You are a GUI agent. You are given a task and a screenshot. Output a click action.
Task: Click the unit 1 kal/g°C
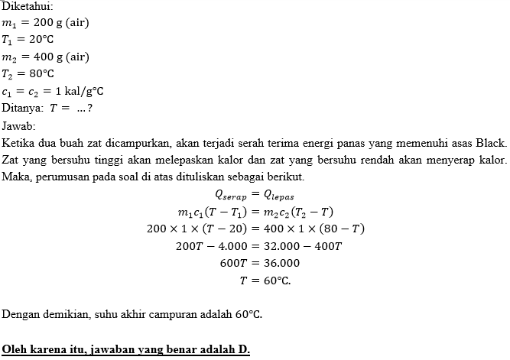pos(77,91)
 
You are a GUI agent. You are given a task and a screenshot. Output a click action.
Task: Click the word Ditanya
pos(21,108)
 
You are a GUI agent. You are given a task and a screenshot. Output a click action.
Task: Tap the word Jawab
pos(17,125)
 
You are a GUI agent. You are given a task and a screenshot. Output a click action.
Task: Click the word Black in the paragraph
pos(489,142)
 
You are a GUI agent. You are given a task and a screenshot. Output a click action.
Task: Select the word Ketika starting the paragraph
pos(19,142)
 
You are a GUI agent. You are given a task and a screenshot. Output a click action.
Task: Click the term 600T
pos(232,262)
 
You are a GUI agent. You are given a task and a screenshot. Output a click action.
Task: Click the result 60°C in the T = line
pos(276,280)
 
